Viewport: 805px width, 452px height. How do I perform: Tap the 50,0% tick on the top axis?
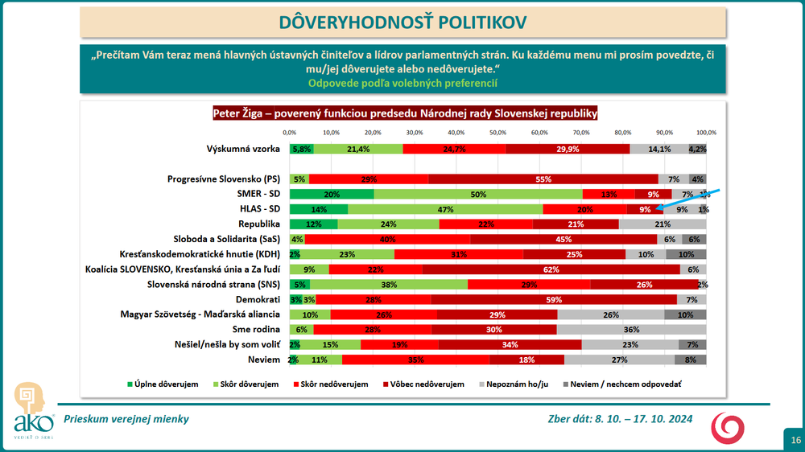coord(497,133)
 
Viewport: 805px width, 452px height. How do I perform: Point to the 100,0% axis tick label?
coord(706,133)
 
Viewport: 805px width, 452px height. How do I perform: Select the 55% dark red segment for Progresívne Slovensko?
coord(543,179)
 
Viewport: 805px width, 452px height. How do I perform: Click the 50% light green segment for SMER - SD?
coord(478,194)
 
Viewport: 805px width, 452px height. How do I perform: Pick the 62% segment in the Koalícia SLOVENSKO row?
coord(551,269)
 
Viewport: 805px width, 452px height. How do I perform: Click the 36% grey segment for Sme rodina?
coord(631,330)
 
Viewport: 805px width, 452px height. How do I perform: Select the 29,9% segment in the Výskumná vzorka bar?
coord(568,149)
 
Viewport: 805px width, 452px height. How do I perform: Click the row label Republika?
coord(258,224)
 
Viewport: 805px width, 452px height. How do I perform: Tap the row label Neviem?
coord(266,360)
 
